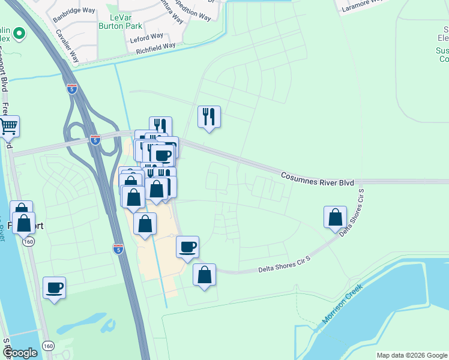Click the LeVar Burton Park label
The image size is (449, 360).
[125, 17]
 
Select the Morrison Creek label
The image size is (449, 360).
[343, 304]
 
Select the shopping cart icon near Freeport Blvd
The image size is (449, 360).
[8, 126]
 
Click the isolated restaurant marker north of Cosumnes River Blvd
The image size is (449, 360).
[209, 116]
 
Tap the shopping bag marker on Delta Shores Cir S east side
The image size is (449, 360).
[335, 217]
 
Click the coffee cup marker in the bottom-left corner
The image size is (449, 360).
[55, 287]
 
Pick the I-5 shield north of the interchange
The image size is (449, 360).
[72, 89]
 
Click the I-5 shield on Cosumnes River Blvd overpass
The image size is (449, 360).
[95, 139]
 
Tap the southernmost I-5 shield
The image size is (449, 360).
[118, 248]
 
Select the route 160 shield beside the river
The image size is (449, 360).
[28, 241]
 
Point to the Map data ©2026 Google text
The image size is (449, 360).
[412, 355]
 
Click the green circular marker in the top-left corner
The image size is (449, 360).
[19, 34]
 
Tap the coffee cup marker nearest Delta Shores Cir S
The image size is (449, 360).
[187, 247]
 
